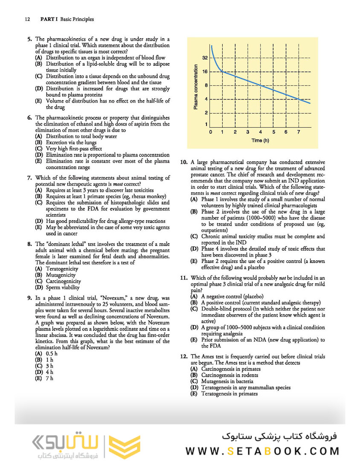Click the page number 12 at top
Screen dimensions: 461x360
click(x=27, y=19)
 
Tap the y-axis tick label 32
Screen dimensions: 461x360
click(x=205, y=58)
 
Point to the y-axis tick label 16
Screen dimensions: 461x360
click(x=205, y=71)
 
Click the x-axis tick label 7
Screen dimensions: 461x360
click(x=298, y=132)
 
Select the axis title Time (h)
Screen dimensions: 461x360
click(x=260, y=140)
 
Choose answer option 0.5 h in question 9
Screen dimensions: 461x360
click(x=52, y=354)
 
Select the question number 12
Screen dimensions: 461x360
click(x=184, y=356)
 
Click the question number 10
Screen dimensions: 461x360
click(x=184, y=162)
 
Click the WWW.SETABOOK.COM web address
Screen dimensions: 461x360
click(x=262, y=451)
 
